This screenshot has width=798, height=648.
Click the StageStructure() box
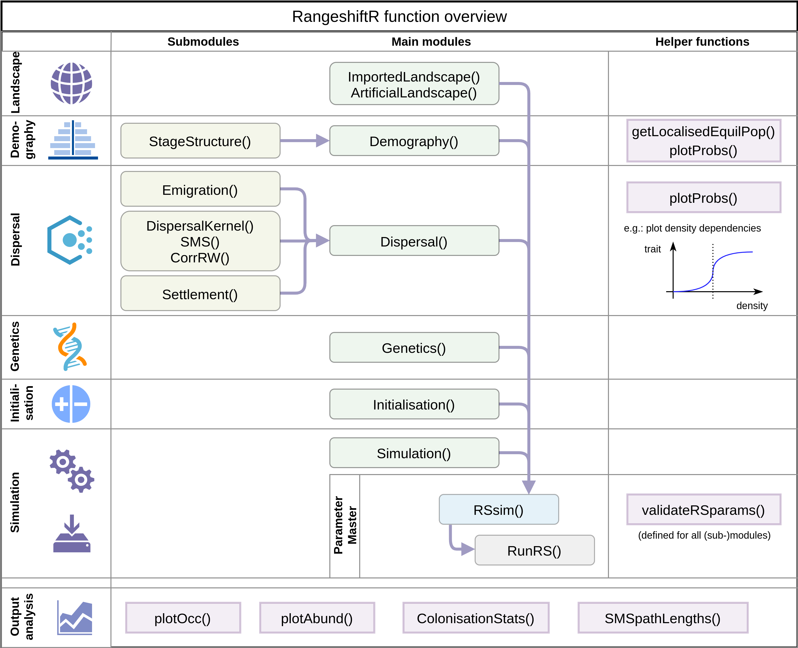[200, 141]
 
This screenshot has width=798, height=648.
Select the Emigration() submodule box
[200, 190]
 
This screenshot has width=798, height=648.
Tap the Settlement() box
[200, 294]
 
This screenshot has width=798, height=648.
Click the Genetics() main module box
[414, 348]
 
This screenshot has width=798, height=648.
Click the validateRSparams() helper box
[703, 510]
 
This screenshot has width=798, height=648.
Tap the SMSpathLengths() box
[662, 618]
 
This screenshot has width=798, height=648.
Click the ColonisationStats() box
[476, 618]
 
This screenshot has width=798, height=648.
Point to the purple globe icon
[71, 83]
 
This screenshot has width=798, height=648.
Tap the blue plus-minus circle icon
[71, 404]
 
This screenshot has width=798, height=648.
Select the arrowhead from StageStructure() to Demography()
[322, 141]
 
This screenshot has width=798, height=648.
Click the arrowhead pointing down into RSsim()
[529, 486]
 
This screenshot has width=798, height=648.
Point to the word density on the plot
[752, 305]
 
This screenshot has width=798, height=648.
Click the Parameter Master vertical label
[345, 525]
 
